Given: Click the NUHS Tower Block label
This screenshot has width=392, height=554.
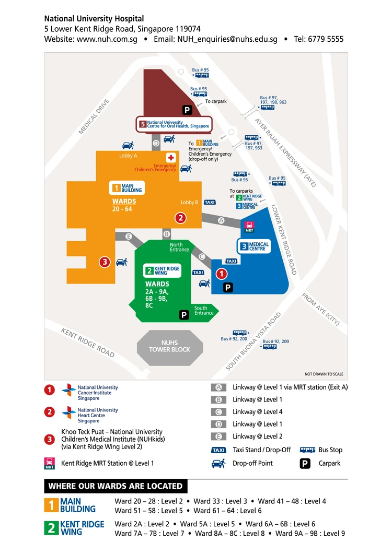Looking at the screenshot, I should coord(169,346).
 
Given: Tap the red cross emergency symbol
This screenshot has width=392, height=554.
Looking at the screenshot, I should coord(171,157).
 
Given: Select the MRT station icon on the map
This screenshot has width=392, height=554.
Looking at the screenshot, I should coord(249,227).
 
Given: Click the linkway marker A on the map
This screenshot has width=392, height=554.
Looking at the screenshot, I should coord(221,221).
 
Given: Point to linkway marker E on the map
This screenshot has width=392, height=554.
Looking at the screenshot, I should coord(129,237).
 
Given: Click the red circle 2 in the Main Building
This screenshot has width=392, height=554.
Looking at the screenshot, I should coord(180,218).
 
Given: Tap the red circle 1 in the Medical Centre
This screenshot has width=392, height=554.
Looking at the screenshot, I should coord(222,273).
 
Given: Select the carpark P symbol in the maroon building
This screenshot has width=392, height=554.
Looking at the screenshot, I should coord(187,110).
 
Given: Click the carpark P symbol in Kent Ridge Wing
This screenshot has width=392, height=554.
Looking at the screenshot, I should coord(183,315).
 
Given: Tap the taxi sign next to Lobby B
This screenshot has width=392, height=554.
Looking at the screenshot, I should coord(210,202).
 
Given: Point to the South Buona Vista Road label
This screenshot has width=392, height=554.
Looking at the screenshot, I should coord(254,341).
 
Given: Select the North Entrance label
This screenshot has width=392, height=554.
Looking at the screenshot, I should coord(180,247).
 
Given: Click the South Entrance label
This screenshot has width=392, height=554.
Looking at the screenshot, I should coord(204,311).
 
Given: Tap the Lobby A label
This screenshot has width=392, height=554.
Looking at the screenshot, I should coord(128,156).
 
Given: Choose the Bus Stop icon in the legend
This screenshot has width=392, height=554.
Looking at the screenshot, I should coord(307,450).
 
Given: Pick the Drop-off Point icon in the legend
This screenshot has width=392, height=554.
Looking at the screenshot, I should coord(218,463).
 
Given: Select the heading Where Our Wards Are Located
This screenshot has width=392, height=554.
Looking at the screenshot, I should coord(116,486).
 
